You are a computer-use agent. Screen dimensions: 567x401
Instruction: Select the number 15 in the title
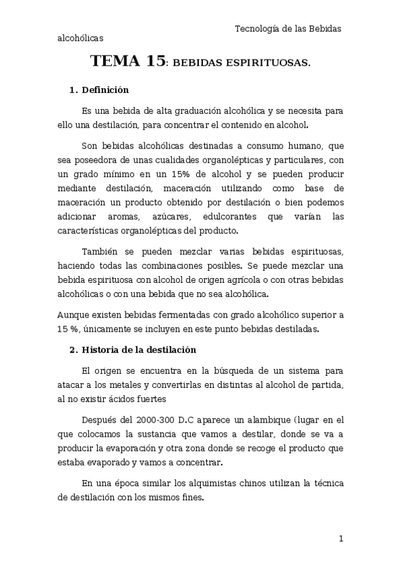coord(155,63)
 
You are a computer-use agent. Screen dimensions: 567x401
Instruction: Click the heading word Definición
coord(104,90)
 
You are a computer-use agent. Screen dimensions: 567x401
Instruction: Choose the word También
coord(100,251)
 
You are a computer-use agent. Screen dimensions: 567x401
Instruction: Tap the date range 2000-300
coord(158,420)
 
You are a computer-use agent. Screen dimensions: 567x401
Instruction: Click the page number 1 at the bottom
coord(341,538)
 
